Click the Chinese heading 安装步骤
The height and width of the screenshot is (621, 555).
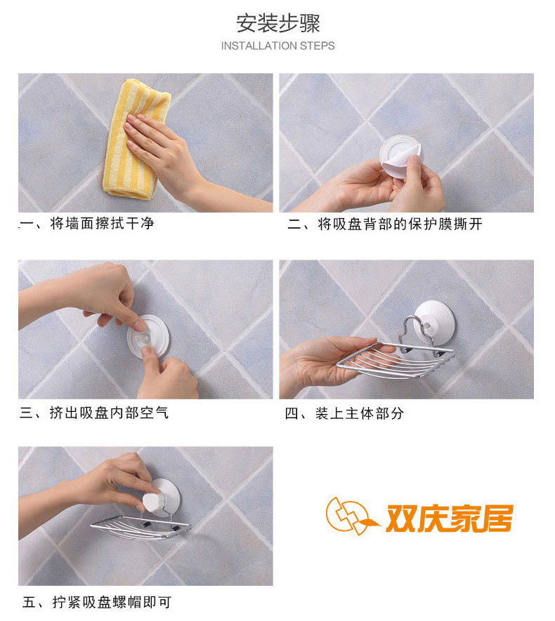tap(278, 24)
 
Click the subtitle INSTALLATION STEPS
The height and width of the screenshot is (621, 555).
tap(278, 46)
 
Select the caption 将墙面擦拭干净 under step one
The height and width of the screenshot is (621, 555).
tap(102, 223)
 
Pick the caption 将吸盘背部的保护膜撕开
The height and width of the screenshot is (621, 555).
tap(400, 224)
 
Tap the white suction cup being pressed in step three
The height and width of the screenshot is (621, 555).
tap(148, 337)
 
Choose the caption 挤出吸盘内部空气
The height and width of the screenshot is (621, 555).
tap(109, 413)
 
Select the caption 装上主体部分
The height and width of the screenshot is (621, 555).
tap(360, 413)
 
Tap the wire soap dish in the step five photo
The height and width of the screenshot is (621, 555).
tap(141, 528)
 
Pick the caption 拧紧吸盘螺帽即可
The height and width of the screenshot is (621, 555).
tap(112, 602)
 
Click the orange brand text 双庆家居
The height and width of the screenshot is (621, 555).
tap(450, 518)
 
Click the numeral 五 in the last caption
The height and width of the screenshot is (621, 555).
tap(30, 602)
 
